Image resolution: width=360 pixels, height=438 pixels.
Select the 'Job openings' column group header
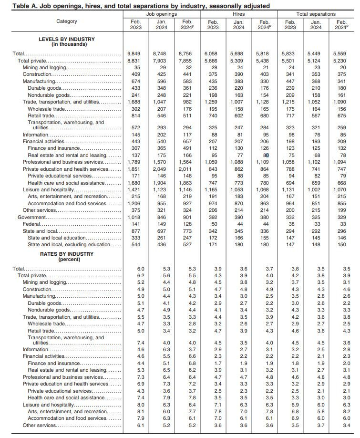tap(162, 14)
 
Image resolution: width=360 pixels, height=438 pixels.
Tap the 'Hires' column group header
tap(238, 14)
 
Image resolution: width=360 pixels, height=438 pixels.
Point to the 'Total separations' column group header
tap(316, 14)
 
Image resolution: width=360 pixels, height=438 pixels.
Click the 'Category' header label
tap(66, 21)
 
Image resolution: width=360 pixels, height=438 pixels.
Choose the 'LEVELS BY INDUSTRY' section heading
tap(66, 39)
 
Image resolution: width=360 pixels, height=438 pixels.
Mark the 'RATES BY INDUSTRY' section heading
tap(66, 254)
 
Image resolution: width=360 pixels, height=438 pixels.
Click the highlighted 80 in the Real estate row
tap(266, 156)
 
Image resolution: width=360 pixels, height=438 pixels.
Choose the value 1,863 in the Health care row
tap(187, 183)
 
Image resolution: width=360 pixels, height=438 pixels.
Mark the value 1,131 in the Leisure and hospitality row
tap(290, 190)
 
